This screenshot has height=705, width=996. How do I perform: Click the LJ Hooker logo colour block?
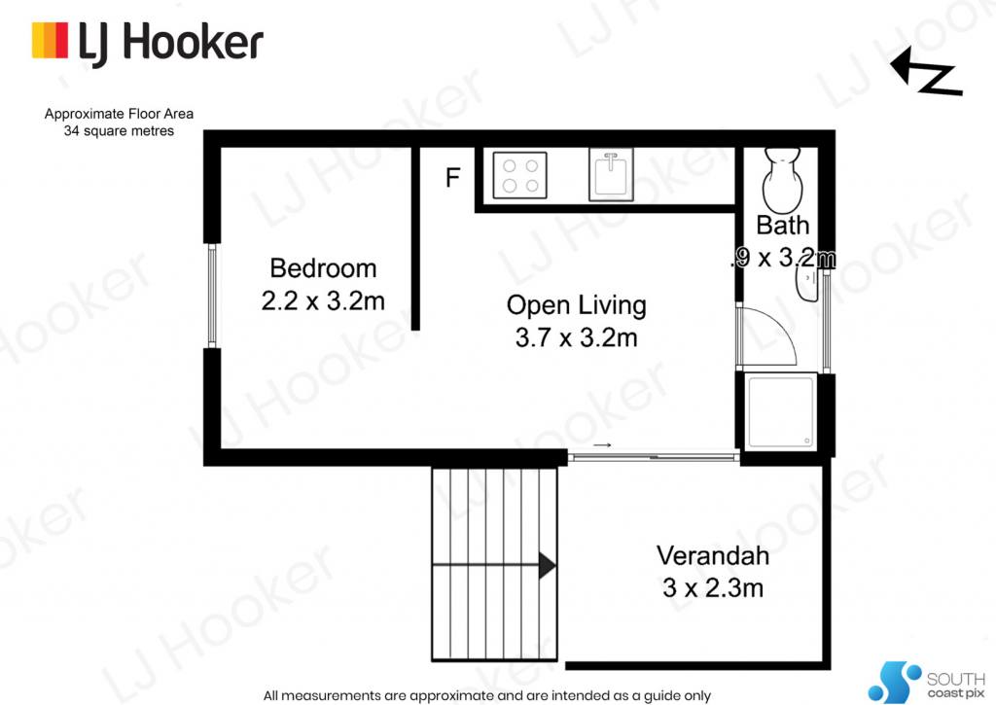pyautogui.click(x=50, y=41)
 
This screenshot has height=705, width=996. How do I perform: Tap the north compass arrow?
pyautogui.click(x=926, y=72)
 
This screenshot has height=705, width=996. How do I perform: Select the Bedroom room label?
pyautogui.click(x=323, y=268)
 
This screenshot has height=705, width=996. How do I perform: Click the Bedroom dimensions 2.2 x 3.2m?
pyautogui.click(x=323, y=300)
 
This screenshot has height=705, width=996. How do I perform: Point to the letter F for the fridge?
pyautogui.click(x=452, y=177)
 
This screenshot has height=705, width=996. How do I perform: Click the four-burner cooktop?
pyautogui.click(x=519, y=175)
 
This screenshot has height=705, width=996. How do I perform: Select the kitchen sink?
pyautogui.click(x=611, y=175)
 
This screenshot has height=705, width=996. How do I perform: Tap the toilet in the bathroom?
pyautogui.click(x=782, y=180)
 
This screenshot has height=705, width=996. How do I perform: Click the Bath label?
pyautogui.click(x=783, y=225)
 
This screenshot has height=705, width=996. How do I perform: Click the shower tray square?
pyautogui.click(x=781, y=412)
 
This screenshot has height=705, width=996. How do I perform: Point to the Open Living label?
pyautogui.click(x=576, y=305)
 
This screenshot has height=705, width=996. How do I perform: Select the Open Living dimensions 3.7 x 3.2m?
pyautogui.click(x=576, y=337)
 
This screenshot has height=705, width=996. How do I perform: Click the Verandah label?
pyautogui.click(x=713, y=556)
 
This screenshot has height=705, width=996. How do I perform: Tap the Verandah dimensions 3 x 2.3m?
pyautogui.click(x=713, y=587)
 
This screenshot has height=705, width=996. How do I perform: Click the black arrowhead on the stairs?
pyautogui.click(x=547, y=565)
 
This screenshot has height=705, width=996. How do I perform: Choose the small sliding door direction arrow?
pyautogui.click(x=602, y=444)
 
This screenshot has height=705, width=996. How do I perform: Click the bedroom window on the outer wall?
pyautogui.click(x=212, y=296)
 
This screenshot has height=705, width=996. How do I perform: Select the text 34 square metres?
pyautogui.click(x=119, y=131)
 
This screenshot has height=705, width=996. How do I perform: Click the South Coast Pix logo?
pyautogui.click(x=926, y=682)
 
